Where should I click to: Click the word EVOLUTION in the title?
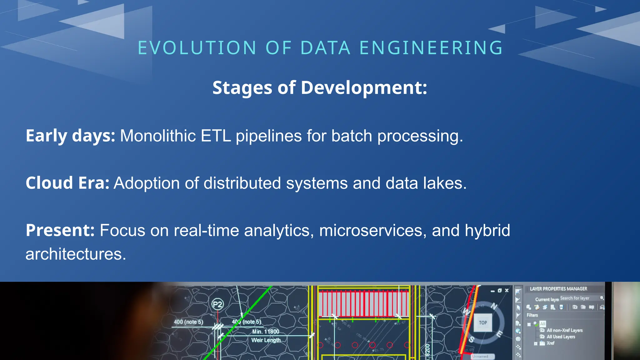click(x=197, y=48)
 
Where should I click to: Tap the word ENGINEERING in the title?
click(x=431, y=48)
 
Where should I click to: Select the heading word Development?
click(x=364, y=87)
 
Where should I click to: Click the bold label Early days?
click(x=70, y=136)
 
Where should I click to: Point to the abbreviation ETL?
click(x=216, y=136)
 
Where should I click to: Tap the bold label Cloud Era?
click(x=67, y=183)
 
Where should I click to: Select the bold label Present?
click(x=60, y=231)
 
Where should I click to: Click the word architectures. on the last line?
click(x=76, y=254)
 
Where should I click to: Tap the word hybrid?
click(x=487, y=231)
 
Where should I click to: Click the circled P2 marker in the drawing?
click(x=217, y=304)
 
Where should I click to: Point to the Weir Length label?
click(x=266, y=340)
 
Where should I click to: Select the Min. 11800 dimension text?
click(x=266, y=332)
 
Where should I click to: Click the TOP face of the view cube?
click(x=483, y=323)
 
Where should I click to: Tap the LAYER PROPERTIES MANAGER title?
click(x=558, y=289)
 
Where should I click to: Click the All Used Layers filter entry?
click(x=561, y=337)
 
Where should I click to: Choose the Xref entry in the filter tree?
click(x=550, y=343)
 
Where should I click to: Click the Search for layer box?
click(x=578, y=298)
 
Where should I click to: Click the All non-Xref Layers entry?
click(x=564, y=330)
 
